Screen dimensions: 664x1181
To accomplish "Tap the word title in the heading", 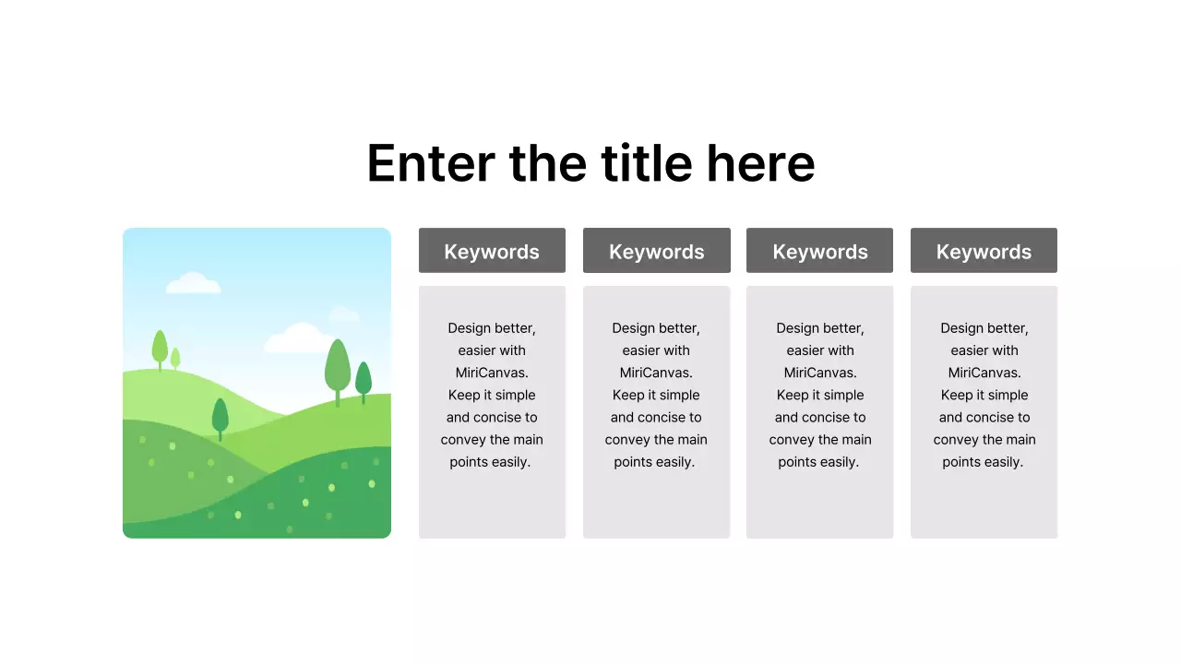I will tap(646, 163).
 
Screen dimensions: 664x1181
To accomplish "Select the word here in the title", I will tap(760, 163).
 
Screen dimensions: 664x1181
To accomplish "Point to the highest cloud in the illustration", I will tap(193, 283).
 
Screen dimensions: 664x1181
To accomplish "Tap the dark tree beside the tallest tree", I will tap(364, 379).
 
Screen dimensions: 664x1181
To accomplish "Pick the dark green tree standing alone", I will tap(220, 416).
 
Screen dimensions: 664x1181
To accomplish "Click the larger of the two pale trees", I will tap(160, 348).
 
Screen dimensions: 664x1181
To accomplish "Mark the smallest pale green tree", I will tap(175, 358).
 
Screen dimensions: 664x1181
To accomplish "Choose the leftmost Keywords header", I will tap(492, 251).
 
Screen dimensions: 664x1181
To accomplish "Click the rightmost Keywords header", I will tap(984, 251).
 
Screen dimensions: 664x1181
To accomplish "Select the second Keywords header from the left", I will tap(657, 251).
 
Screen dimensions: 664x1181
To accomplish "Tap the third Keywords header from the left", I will tap(820, 251).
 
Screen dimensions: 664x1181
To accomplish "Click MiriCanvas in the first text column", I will tap(492, 373).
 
